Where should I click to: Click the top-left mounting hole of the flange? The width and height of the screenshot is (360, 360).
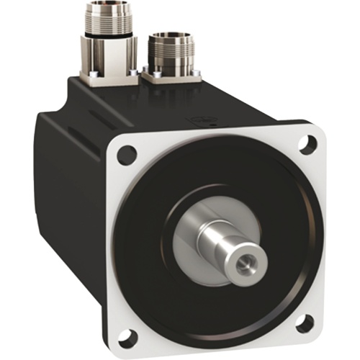[127, 153]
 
